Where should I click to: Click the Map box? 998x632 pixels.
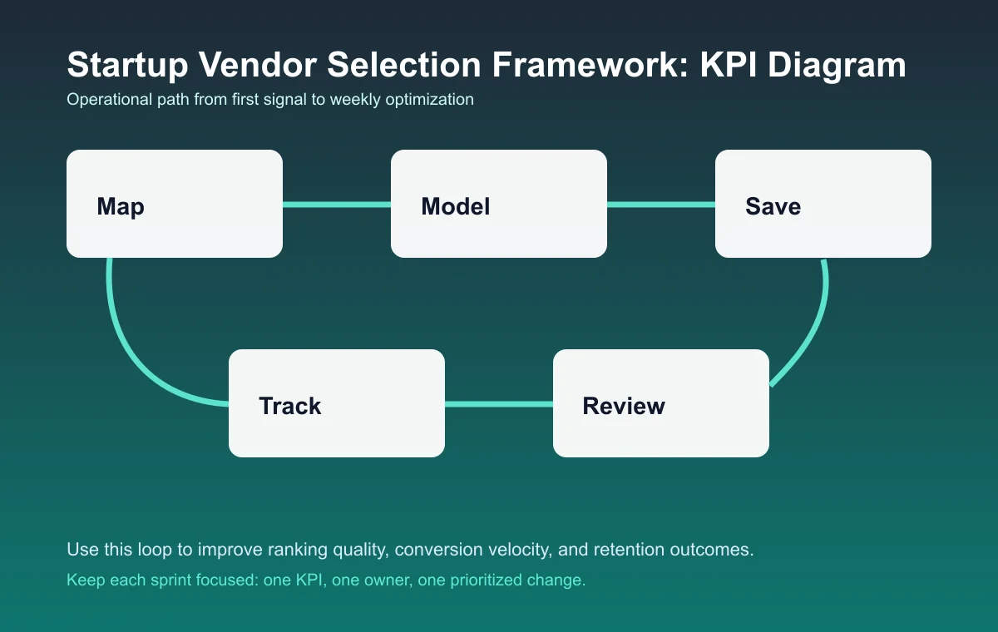click(175, 204)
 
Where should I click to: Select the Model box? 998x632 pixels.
click(499, 204)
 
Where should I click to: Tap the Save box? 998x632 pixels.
click(823, 204)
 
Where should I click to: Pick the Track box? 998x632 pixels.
click(337, 403)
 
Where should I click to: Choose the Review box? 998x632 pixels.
click(661, 403)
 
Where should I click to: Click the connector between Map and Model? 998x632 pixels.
click(337, 205)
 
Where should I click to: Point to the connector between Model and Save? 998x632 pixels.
click(661, 205)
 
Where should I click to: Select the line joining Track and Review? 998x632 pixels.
click(499, 404)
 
